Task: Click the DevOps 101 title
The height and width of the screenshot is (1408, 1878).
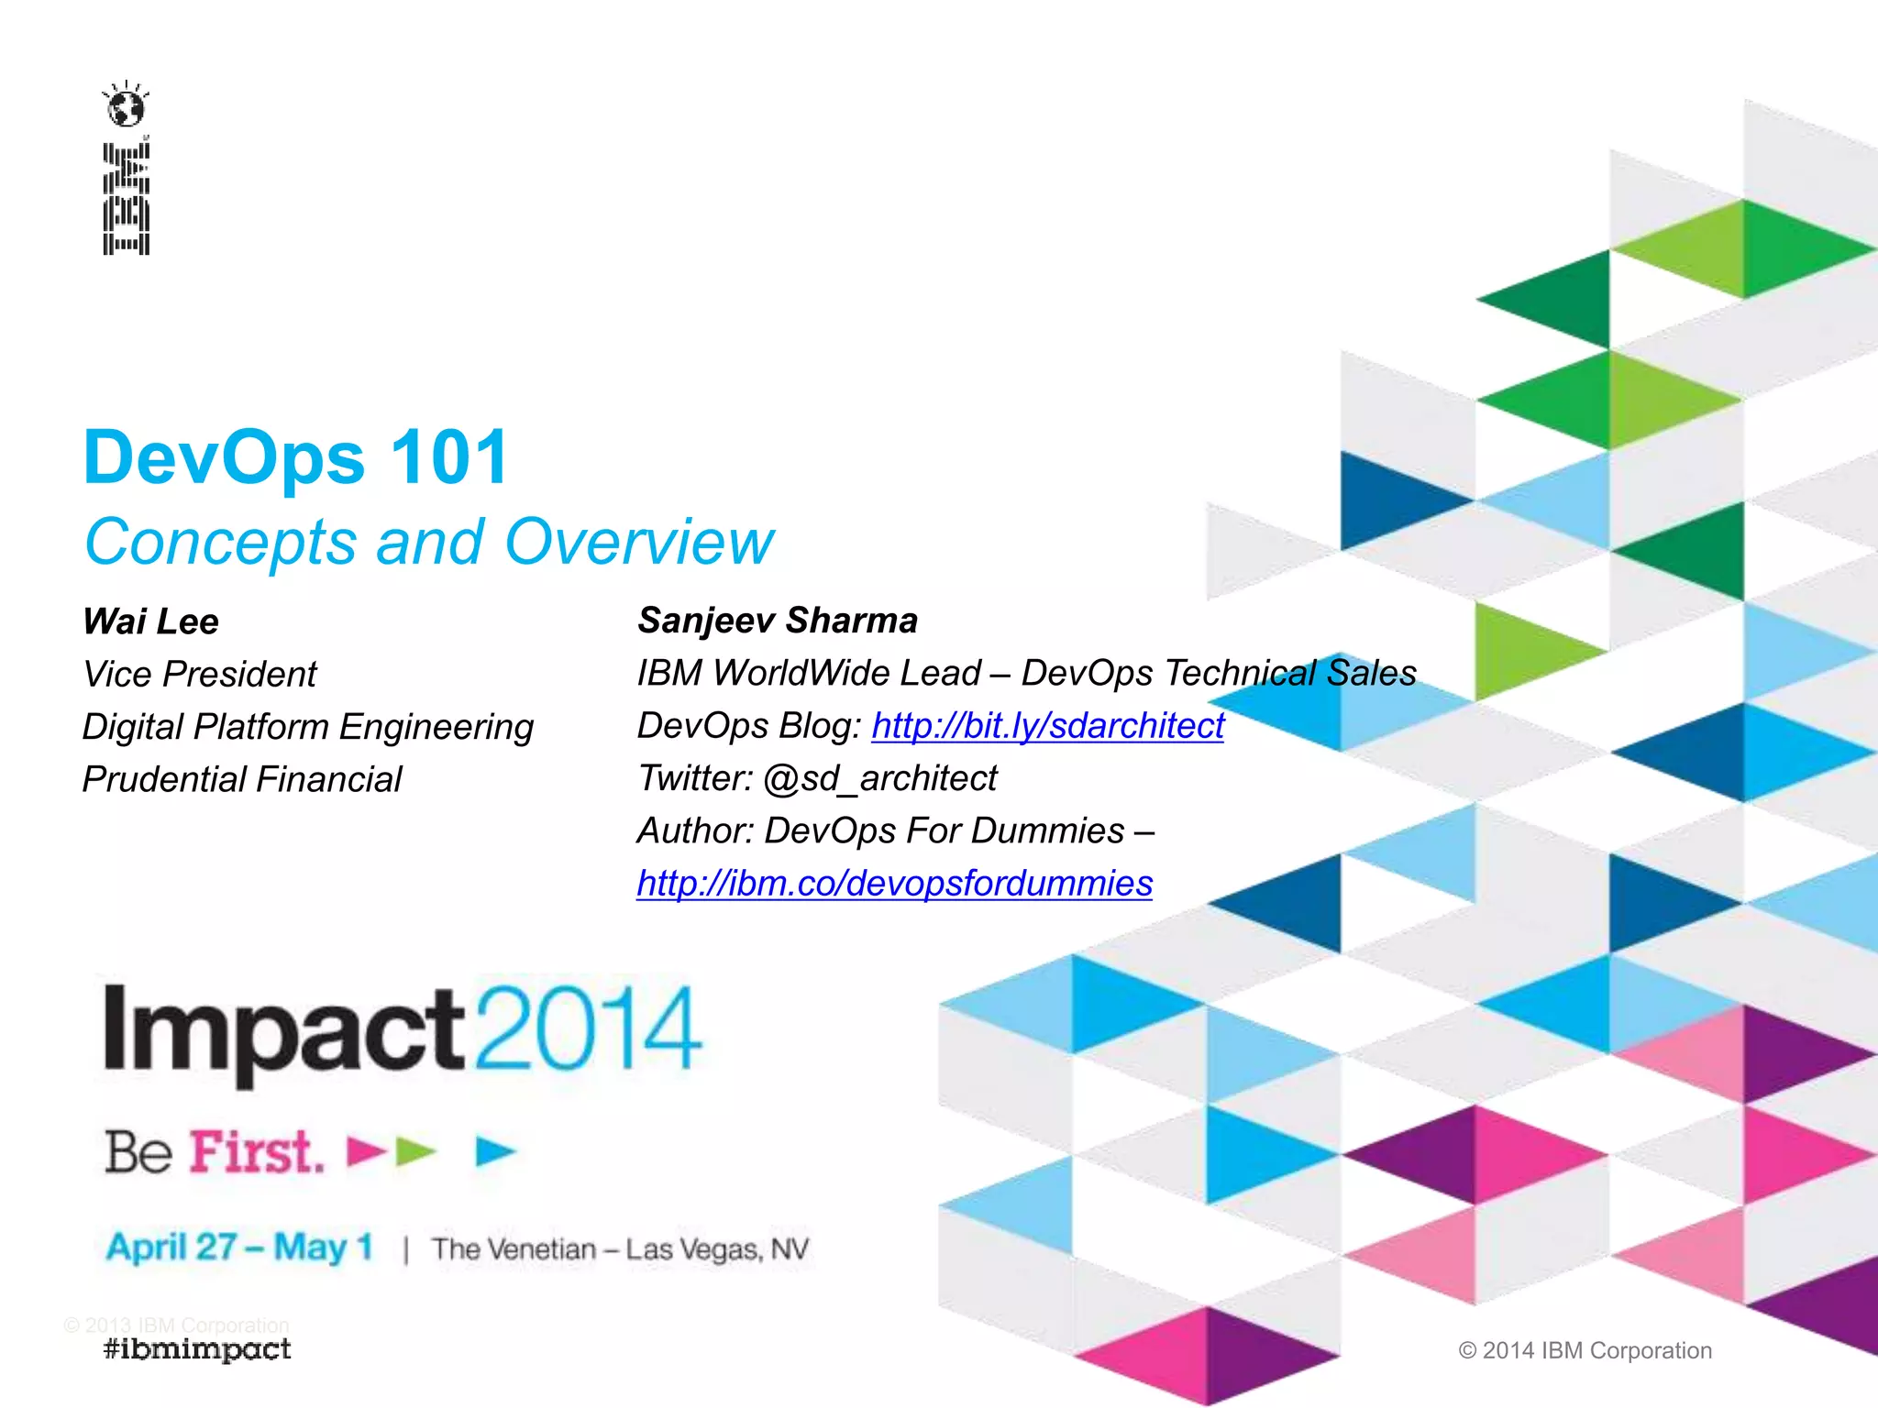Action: point(295,457)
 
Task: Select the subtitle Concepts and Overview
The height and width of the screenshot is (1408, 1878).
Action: point(428,542)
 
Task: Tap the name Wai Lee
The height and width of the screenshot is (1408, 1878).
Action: point(150,621)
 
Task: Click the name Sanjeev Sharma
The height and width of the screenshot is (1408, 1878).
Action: point(778,621)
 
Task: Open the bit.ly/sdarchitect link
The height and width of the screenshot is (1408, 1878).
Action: point(1047,726)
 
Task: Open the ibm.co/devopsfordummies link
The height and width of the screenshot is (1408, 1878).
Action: point(894,884)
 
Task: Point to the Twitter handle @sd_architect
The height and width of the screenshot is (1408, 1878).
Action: point(879,778)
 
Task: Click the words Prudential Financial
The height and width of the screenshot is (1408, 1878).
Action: point(242,780)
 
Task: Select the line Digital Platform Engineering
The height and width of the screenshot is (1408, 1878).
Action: point(307,727)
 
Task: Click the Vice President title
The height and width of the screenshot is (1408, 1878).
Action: point(199,675)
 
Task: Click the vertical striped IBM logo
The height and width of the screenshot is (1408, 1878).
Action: point(126,198)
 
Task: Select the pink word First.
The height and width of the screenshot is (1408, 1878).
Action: point(256,1152)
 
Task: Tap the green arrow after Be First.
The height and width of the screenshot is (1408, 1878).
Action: point(415,1151)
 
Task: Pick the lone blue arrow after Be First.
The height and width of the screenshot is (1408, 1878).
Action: point(495,1151)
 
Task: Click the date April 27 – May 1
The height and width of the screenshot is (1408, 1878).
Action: point(239,1248)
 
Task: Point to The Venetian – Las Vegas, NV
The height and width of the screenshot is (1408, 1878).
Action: point(620,1249)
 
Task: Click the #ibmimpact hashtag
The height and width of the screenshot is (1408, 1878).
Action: point(197,1349)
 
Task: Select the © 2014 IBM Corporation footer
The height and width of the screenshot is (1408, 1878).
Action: point(1585,1350)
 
